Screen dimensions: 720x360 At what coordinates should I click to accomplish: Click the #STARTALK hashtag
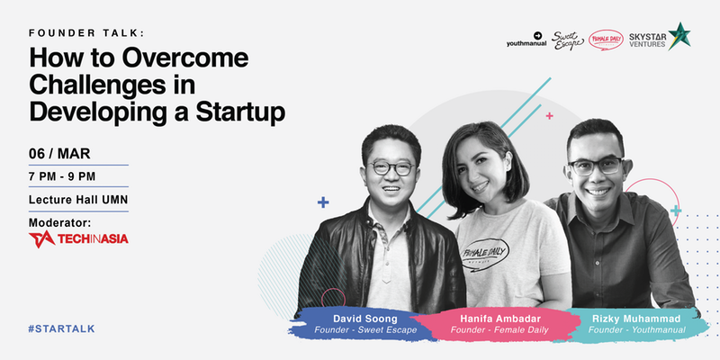[61, 328]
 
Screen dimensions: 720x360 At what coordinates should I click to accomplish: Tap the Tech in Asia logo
[78, 239]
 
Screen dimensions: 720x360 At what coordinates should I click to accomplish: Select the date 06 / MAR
[59, 154]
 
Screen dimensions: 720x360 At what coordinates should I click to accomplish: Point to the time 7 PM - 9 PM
[62, 176]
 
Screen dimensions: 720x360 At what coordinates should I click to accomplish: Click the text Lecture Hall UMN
[78, 200]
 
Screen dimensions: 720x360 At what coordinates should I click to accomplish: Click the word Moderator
[59, 222]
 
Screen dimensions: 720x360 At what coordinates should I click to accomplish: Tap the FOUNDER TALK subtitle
[86, 32]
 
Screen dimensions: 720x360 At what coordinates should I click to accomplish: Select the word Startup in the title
[240, 112]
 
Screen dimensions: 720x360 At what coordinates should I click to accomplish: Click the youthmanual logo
[526, 40]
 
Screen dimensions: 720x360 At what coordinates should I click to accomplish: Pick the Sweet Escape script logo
[568, 40]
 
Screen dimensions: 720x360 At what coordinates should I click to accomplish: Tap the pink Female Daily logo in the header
[606, 40]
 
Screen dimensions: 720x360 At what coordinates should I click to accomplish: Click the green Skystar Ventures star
[679, 36]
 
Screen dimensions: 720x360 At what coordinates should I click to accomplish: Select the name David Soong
[365, 319]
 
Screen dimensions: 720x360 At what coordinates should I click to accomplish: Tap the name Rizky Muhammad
[637, 319]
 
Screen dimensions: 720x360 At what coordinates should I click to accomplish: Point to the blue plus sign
[323, 202]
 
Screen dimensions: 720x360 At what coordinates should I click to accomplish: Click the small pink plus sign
[549, 116]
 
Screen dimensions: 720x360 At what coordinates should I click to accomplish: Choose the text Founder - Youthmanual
[637, 329]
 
